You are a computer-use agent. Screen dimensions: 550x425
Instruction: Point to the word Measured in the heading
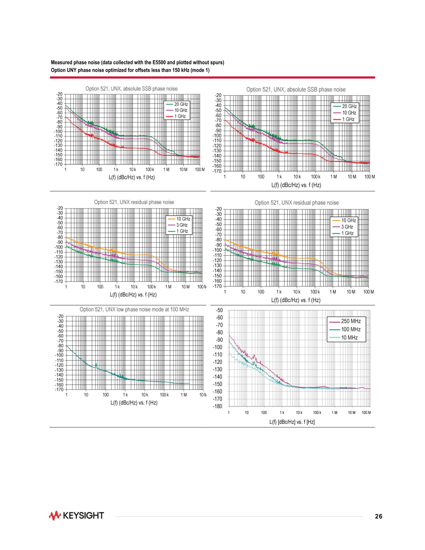60,62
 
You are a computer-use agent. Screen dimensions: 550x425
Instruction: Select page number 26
379,517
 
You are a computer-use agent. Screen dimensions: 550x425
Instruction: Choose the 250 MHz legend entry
351,321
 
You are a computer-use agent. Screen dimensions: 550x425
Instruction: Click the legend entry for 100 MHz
351,329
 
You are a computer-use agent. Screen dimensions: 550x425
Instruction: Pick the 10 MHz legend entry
349,338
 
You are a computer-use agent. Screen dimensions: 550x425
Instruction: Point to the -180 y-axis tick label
218,407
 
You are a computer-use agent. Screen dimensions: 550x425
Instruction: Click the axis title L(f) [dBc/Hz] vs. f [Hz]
292,422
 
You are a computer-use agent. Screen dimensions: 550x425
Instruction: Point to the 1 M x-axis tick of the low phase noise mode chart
184,395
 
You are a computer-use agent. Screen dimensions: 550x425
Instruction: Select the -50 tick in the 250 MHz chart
219,310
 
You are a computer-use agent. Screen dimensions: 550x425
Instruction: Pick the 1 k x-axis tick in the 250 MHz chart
282,413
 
